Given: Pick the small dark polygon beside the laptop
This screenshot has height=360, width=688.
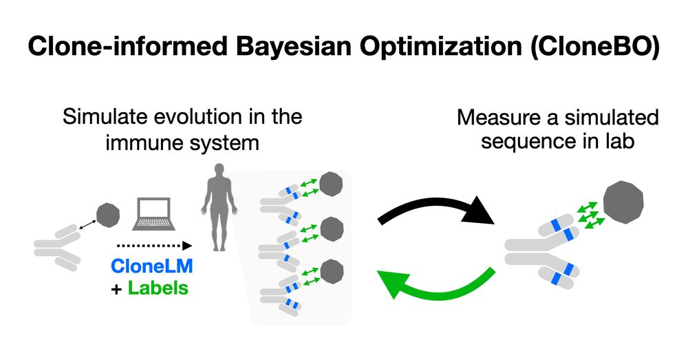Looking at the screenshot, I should (107, 215).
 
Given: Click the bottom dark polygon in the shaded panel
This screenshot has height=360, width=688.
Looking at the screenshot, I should (332, 270).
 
